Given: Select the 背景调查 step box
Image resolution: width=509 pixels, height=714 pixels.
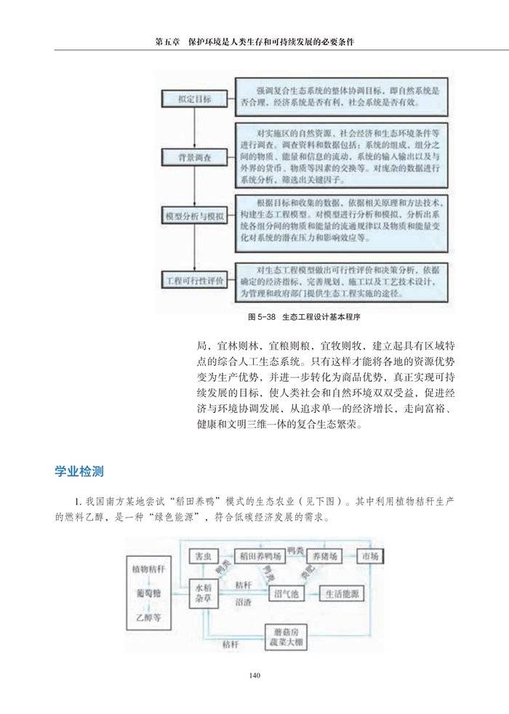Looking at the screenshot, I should (x=194, y=156).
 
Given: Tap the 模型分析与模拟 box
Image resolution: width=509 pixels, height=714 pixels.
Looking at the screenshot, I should (x=194, y=216).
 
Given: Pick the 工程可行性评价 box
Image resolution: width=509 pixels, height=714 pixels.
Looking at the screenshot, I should (x=194, y=280).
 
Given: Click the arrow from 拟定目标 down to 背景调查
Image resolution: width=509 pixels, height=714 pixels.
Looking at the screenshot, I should (x=194, y=128).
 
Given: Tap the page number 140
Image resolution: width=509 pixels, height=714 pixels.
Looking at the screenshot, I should (x=254, y=675).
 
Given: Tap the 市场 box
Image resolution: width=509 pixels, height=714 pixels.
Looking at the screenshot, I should (x=369, y=556).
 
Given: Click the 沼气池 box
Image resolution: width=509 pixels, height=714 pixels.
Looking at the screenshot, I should (x=286, y=594).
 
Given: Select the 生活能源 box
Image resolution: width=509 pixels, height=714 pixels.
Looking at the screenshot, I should (x=340, y=594).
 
